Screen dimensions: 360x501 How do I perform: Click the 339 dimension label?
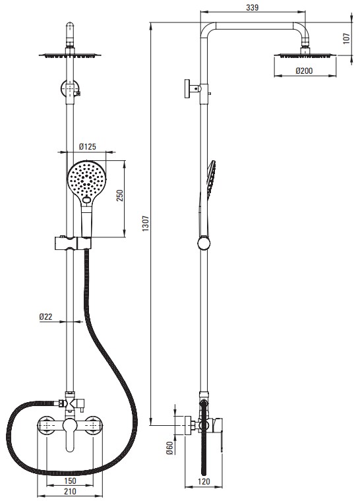click(x=253, y=7)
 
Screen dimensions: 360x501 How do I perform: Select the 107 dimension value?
click(x=346, y=38)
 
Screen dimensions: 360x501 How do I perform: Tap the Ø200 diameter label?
click(x=304, y=71)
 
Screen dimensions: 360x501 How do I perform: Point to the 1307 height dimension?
click(x=146, y=223)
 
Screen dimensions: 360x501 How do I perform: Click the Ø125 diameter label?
click(x=87, y=146)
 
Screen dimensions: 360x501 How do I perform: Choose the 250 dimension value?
click(x=119, y=196)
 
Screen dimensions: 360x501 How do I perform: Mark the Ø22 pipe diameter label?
click(x=45, y=316)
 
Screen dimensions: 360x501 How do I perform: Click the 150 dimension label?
click(x=70, y=481)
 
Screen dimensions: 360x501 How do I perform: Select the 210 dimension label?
click(x=70, y=491)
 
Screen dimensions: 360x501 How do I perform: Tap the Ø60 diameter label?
click(x=169, y=448)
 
